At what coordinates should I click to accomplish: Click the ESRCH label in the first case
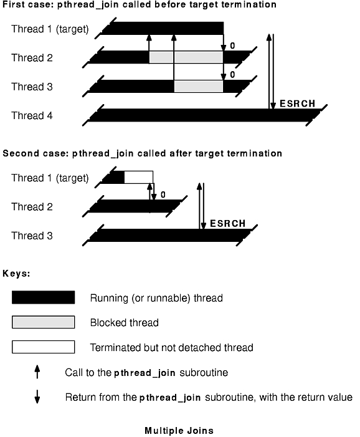297,103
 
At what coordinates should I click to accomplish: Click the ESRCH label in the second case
227,224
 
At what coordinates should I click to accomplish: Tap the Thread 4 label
32,115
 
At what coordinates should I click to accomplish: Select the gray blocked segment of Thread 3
199,87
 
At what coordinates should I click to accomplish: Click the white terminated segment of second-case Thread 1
138,177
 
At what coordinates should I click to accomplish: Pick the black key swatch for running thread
43,297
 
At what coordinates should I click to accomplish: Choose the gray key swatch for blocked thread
43,322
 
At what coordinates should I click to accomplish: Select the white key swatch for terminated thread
43,347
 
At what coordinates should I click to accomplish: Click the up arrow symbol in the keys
37,372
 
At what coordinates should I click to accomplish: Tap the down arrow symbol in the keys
37,397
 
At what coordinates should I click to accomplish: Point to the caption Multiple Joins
179,431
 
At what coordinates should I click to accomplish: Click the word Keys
16,274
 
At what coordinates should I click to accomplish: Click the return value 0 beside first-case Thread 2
232,46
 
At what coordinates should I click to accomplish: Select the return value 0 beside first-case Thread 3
232,75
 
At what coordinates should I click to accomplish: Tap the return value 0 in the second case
163,194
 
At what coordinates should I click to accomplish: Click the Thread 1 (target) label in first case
50,29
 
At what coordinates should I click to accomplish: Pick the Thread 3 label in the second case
32,236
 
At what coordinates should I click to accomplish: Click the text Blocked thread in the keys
124,322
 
